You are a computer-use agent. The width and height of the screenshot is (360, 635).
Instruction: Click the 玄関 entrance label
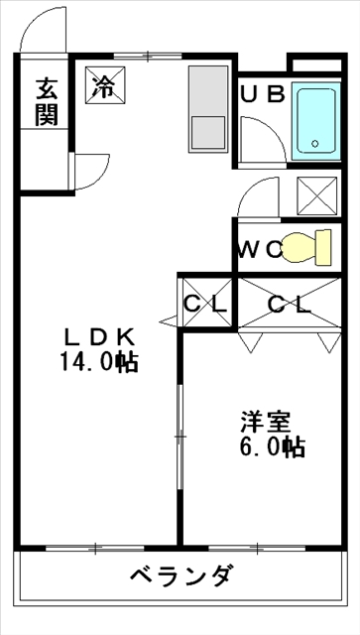(47, 102)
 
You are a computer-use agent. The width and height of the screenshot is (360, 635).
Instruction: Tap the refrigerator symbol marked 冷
(105, 86)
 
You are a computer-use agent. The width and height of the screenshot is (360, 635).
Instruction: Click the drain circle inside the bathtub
(314, 143)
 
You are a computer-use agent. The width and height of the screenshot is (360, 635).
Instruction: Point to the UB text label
(263, 95)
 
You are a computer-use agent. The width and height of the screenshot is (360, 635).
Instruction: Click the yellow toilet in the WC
(306, 247)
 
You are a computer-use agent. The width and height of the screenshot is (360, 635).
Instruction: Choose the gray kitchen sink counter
(208, 108)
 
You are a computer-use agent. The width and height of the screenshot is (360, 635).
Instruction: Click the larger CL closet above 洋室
(290, 303)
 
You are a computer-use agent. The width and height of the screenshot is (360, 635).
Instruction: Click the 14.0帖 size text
(99, 361)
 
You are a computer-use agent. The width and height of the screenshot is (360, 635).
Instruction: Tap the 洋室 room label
(266, 423)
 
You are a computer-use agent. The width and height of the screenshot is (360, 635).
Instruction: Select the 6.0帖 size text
(273, 446)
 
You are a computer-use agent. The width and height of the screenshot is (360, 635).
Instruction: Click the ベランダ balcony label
(181, 575)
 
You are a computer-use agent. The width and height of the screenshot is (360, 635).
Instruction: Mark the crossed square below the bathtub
(317, 196)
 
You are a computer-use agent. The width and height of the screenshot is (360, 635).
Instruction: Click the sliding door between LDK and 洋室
(180, 437)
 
